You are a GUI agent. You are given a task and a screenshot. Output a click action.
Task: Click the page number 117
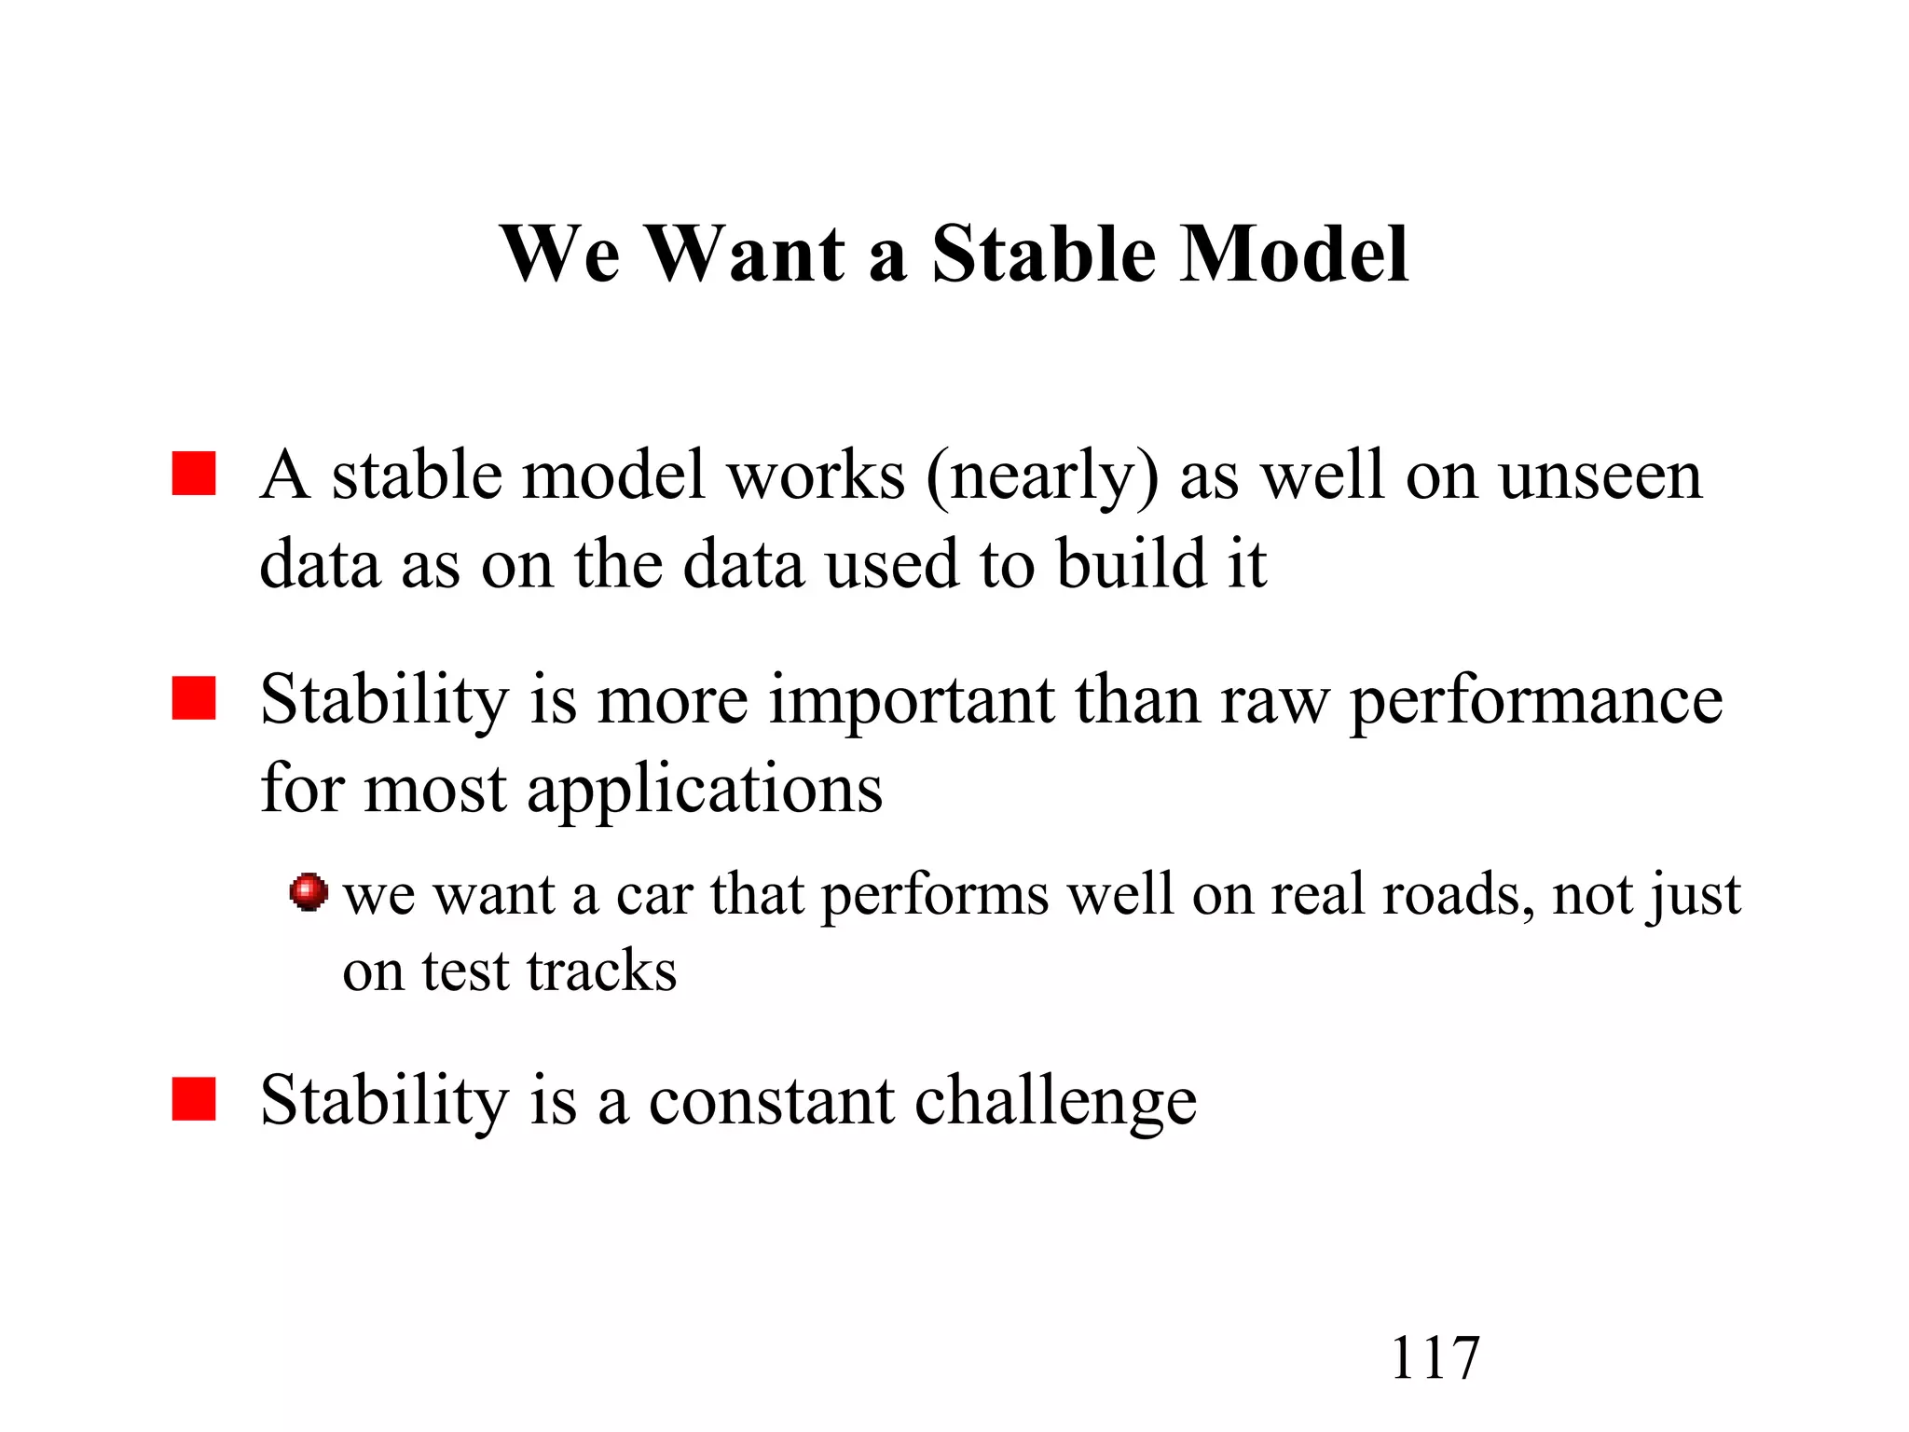coord(1435,1358)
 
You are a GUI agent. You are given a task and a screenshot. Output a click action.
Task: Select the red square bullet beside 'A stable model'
coord(194,474)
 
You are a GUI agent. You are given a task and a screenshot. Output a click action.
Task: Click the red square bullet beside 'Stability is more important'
coord(194,698)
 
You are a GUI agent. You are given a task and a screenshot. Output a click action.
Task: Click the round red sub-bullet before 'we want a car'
coord(309,892)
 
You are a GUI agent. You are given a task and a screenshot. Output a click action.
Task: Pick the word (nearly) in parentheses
coord(1042,477)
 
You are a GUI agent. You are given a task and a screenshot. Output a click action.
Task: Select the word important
coord(912,701)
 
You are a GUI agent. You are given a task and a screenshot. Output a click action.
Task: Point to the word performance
coord(1536,701)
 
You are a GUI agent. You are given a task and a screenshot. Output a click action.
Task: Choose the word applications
coord(705,791)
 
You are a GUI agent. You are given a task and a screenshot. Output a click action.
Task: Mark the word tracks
coord(601,971)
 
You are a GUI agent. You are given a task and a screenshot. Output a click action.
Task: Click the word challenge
coord(1056,1102)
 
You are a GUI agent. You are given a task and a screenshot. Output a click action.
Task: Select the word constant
coord(771,1102)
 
